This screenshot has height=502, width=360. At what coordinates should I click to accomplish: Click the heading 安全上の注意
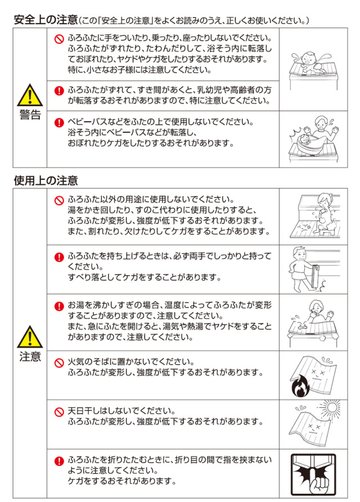46,20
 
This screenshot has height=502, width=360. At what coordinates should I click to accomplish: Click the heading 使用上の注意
46,180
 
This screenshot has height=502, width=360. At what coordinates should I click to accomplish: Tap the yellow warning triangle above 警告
30,96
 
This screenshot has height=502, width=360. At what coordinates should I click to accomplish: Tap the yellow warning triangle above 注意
30,337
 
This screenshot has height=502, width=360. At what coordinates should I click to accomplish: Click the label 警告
30,114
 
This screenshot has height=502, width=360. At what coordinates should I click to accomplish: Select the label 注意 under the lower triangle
30,356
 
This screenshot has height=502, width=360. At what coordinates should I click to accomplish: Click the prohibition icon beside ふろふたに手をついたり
59,39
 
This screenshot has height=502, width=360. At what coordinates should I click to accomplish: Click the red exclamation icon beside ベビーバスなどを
59,123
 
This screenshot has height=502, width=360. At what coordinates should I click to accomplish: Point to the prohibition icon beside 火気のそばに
59,363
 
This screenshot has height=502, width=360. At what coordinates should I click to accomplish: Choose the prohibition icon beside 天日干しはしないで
59,411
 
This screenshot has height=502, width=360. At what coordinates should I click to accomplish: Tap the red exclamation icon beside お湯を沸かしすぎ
59,306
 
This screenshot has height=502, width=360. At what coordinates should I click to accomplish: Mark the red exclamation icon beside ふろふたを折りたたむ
59,461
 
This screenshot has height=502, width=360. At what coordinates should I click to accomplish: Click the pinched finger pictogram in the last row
313,474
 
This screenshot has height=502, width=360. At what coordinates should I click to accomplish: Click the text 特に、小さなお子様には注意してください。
139,70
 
